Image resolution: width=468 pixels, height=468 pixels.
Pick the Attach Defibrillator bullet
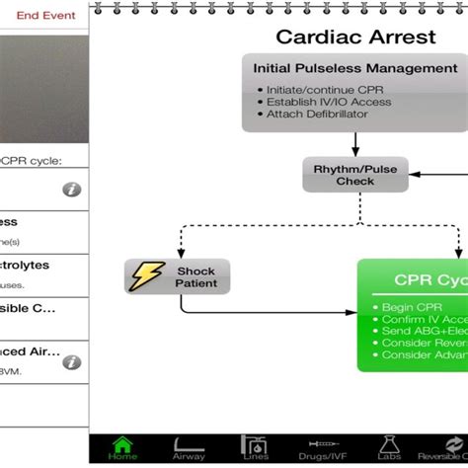tap(316, 114)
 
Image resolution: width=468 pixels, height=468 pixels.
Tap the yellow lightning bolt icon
tap(147, 275)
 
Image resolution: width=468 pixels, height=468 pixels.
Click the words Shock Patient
tap(196, 275)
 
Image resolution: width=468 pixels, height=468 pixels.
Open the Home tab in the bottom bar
tap(123, 448)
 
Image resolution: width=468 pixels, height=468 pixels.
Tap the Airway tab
tap(190, 448)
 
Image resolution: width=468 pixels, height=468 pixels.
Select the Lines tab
tap(255, 448)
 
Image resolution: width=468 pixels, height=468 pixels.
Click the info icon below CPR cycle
tap(71, 190)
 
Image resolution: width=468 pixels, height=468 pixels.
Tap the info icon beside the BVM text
tap(71, 362)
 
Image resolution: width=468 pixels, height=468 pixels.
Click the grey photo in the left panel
tap(44, 89)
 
